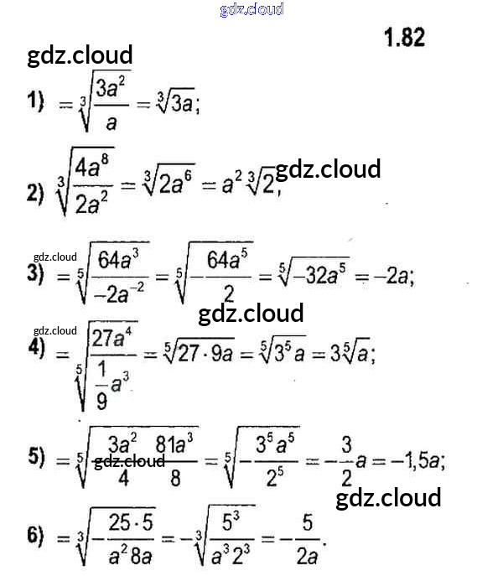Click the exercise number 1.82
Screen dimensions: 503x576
coord(404,37)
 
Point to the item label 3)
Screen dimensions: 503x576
coord(34,273)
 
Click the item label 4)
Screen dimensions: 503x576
coord(34,350)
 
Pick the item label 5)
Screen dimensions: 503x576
coord(34,457)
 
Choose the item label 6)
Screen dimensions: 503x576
coord(34,537)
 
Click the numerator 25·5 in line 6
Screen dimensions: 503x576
coord(132,522)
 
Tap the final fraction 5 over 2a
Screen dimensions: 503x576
coord(307,538)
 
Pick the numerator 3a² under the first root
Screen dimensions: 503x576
coord(111,87)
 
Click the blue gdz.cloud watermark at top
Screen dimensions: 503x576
coord(251,10)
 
